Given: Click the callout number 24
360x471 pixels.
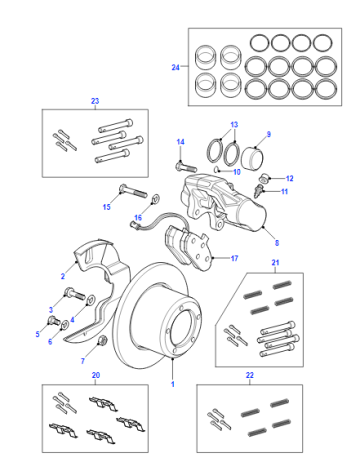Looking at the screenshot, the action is click(176, 67).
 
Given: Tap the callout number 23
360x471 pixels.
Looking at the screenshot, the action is click(95, 101).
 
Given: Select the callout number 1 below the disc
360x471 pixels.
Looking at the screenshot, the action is click(173, 384).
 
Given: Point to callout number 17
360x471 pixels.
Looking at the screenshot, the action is click(234, 258).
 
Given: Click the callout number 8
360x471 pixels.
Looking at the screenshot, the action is click(277, 243).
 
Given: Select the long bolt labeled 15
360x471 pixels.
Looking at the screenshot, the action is click(133, 191).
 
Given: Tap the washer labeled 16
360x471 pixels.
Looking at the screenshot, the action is click(155, 199).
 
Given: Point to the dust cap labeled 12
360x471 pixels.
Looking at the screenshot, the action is click(265, 178).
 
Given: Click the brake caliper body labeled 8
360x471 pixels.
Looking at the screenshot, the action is click(224, 204).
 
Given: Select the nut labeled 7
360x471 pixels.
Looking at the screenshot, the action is click(102, 341).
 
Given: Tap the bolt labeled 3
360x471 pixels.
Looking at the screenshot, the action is click(74, 293).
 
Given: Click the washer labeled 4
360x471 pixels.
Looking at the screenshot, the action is click(91, 300).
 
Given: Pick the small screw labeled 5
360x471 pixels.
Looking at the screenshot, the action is click(53, 320).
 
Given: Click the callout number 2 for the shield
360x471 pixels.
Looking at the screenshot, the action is click(63, 276).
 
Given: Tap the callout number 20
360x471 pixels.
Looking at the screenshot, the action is click(96, 375).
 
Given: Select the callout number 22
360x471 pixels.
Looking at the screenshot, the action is click(250, 375).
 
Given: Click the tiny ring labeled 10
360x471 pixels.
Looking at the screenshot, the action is click(216, 169).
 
